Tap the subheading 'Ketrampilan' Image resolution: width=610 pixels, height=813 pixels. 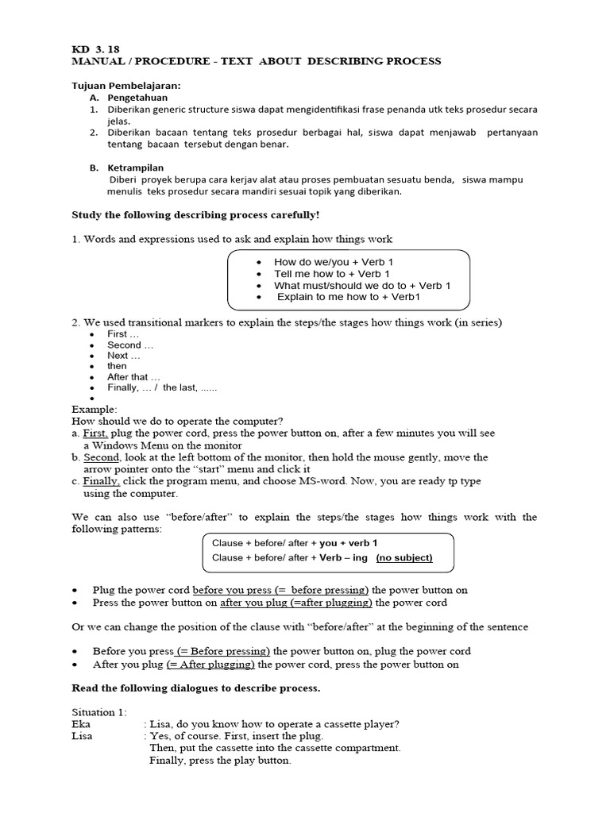coord(136,168)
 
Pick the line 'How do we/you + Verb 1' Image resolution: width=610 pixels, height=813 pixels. coord(333,262)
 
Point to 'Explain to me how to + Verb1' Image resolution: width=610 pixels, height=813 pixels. coord(348,297)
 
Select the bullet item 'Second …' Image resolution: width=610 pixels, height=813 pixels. coord(130,345)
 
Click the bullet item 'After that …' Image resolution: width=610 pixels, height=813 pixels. coord(133,377)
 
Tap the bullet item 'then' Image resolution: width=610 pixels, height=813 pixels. coord(117,366)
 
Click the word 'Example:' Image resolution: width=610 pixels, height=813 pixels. coord(95,409)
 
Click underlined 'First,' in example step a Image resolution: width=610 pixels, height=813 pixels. coord(95,433)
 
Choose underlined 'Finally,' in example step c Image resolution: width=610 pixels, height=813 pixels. coord(101,481)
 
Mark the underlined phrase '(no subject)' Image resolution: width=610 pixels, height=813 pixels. coord(404,557)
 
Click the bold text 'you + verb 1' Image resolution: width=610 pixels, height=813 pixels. coord(349,543)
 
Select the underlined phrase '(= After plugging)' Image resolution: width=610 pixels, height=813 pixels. coord(210,665)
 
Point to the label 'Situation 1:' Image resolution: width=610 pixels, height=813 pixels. coord(99,712)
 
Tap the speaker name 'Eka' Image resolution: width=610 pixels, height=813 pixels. coord(81,724)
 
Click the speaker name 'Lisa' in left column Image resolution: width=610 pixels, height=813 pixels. coord(82,736)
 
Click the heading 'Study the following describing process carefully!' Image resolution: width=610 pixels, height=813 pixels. coord(195,215)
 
